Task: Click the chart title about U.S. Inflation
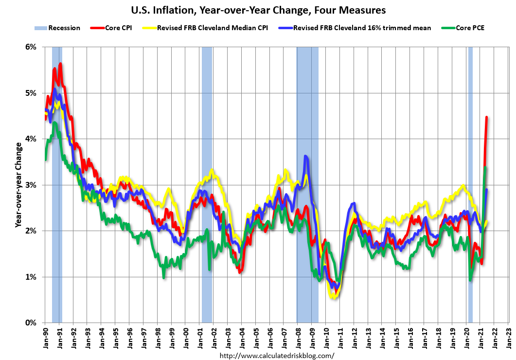tap(258, 10)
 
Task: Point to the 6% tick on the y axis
tap(31, 47)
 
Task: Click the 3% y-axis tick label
tap(31, 185)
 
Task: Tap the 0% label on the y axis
tap(31, 323)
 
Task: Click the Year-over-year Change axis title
tap(18, 185)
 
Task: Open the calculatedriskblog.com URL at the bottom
tap(277, 356)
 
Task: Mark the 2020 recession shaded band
tap(470, 185)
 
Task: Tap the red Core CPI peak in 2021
tap(487, 117)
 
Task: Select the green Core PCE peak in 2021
tap(485, 168)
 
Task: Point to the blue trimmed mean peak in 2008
tap(305, 156)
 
